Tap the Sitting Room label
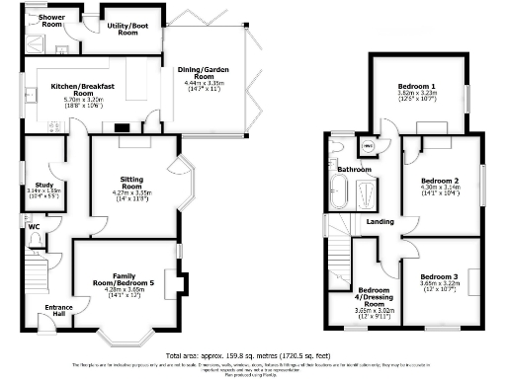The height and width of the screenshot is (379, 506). pyautogui.click(x=131, y=183)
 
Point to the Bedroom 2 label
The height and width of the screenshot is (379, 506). pyautogui.click(x=439, y=182)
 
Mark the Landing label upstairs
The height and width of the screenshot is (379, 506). pyautogui.click(x=380, y=221)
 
